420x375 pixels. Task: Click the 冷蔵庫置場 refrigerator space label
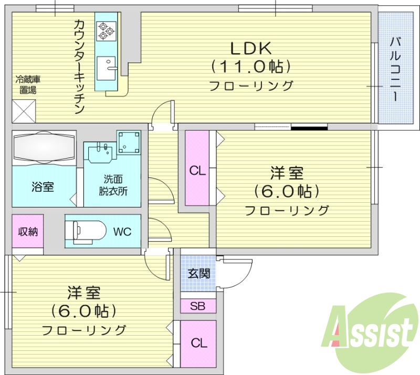point(28,85)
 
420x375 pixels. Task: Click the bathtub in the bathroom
point(44,148)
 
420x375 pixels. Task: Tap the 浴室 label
point(43,186)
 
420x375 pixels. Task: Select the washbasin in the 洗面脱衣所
point(100,154)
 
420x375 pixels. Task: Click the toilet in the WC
point(84,231)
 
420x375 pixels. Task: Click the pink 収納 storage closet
point(28,232)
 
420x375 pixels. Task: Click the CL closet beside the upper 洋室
point(197,170)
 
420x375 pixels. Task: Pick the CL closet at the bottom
point(198,343)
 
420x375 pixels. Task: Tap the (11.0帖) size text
point(251,67)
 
